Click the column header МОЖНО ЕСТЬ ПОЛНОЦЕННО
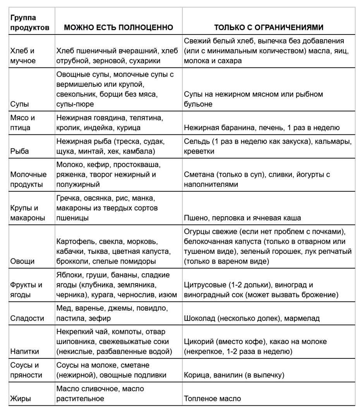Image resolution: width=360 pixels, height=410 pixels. (118, 28)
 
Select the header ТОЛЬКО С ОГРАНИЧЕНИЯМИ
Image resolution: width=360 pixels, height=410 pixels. (269, 28)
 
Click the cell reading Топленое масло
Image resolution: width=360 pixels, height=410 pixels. (213, 398)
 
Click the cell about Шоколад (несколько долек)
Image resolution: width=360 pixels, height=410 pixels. (252, 318)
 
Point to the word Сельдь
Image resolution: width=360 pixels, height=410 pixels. (197, 141)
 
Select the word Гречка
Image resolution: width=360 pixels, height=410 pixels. (68, 198)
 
